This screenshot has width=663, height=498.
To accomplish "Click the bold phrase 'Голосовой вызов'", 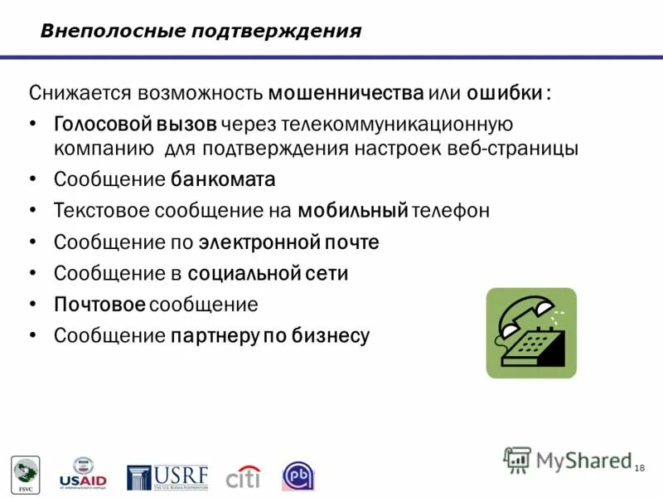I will point(136,124).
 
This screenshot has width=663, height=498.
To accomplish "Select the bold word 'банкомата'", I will point(223,179).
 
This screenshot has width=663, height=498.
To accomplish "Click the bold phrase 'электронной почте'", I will point(288,242).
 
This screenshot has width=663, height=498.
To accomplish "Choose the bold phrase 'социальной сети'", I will point(268,273).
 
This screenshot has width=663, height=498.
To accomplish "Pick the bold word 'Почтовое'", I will point(99,305).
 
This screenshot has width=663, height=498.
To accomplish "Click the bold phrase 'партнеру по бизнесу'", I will point(269,335).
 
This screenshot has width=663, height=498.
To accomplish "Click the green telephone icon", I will point(530,333).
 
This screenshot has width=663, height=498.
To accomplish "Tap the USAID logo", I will point(83,473).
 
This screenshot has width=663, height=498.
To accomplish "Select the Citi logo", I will point(243,477).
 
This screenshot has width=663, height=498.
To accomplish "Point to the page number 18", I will point(639,470).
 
